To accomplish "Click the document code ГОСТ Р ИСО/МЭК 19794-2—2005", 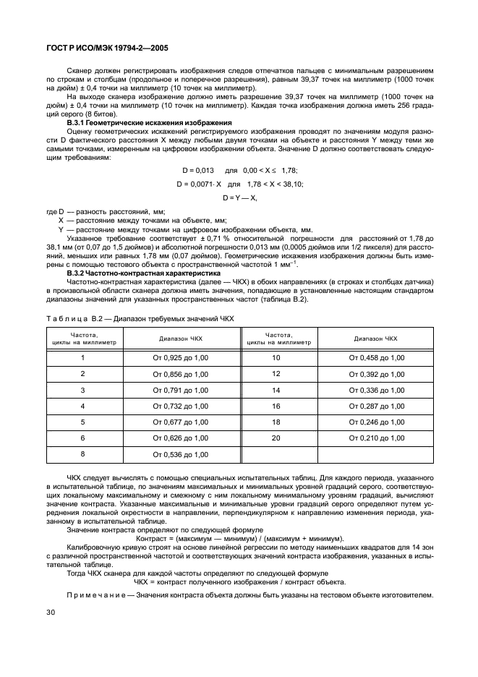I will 101,48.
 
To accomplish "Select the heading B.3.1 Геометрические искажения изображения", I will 149,123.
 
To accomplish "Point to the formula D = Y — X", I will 239,197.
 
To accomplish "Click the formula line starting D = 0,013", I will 239,170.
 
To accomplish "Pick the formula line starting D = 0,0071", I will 239,184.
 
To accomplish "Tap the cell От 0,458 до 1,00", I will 377,358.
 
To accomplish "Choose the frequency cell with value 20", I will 276,438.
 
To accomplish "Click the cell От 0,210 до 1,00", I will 377,438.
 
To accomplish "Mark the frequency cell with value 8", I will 82,454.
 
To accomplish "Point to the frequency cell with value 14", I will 276,390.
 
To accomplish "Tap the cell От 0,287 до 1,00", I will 377,406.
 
